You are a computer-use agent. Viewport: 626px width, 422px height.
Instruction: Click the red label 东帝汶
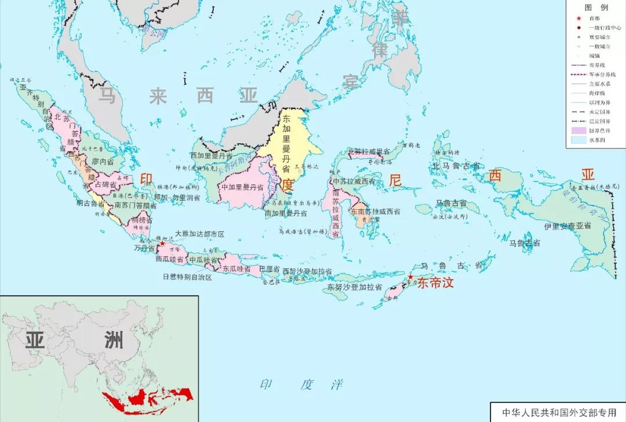(435, 283)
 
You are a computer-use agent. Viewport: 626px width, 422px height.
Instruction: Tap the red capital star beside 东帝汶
(410, 278)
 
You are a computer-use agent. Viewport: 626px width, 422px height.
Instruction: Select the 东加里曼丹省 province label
(286, 143)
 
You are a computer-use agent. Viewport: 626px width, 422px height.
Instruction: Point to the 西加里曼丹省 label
(212, 156)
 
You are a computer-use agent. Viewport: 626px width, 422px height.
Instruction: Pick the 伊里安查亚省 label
(567, 225)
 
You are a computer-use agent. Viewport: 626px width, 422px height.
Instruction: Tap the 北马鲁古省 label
(456, 166)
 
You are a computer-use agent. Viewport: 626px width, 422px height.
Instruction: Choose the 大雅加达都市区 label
(199, 234)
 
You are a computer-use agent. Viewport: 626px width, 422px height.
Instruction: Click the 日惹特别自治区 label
(187, 277)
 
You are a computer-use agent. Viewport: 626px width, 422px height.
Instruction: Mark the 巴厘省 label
(269, 270)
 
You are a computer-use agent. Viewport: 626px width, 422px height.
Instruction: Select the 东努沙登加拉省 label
(354, 287)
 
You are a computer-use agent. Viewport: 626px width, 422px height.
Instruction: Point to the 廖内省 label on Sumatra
(103, 162)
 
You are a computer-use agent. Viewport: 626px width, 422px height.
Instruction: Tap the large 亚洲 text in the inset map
(74, 340)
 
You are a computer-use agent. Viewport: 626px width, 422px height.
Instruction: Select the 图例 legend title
(596, 8)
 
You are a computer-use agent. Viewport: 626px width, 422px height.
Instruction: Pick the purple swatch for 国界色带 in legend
(580, 130)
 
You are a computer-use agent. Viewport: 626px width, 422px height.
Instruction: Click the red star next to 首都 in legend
(578, 19)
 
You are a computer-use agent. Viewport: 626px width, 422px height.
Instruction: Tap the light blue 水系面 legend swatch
(580, 140)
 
